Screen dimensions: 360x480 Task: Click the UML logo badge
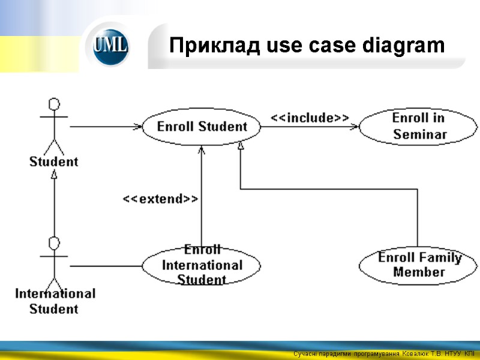tap(110, 46)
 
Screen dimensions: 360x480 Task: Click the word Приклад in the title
tap(205, 46)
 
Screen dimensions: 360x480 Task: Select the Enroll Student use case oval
tap(202, 127)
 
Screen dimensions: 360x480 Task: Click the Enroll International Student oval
tap(202, 265)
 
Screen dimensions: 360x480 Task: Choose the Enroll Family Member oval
tap(419, 265)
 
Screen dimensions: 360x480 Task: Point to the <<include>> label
tap(310, 118)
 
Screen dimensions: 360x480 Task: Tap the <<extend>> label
tap(160, 199)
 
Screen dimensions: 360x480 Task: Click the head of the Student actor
tap(55, 104)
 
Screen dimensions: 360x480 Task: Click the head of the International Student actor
tap(55, 244)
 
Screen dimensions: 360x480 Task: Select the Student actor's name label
tap(54, 161)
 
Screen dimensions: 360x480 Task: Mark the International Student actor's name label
tap(55, 301)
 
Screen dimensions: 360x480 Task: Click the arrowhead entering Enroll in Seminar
tap(356, 127)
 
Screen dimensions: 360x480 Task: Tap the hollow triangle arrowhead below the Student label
tap(54, 175)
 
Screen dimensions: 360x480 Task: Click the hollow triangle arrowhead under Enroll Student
tap(241, 145)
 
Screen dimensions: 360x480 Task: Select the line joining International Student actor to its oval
tap(105, 266)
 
